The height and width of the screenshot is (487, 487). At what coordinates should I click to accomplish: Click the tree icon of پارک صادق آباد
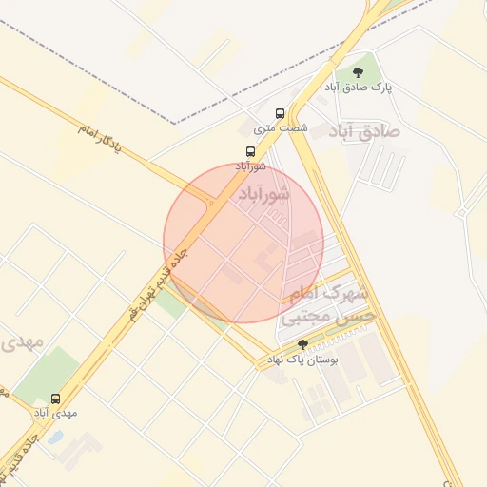[x=358, y=72]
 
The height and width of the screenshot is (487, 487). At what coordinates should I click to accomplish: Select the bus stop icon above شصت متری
[x=280, y=112]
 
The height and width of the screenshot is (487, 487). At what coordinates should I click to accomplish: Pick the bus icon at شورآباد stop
[x=250, y=151]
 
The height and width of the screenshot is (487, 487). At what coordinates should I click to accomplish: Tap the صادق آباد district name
[x=364, y=129]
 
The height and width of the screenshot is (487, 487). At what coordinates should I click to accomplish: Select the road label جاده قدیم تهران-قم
[x=157, y=282]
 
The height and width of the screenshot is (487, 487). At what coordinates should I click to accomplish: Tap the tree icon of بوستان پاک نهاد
[x=303, y=344]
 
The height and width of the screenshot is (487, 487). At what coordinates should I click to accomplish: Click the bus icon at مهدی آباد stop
[x=54, y=399]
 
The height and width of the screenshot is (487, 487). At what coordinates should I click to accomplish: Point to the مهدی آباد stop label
[x=55, y=413]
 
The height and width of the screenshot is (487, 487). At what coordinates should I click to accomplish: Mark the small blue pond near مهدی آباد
[x=55, y=438]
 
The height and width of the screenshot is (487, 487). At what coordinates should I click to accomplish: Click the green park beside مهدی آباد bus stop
[x=48, y=373]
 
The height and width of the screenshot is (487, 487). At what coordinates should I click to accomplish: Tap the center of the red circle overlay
[x=243, y=243]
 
